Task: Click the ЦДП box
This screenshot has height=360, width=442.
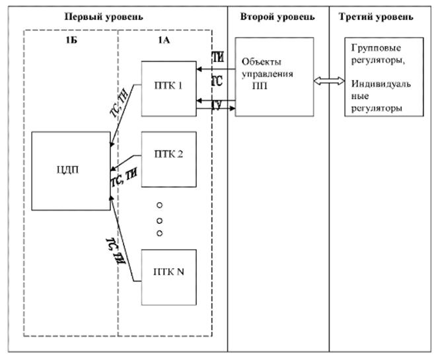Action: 71,171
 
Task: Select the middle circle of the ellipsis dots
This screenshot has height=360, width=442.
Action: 159,219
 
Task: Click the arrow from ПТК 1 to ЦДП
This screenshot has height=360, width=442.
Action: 126,112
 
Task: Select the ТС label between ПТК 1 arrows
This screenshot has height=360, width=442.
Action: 217,81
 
